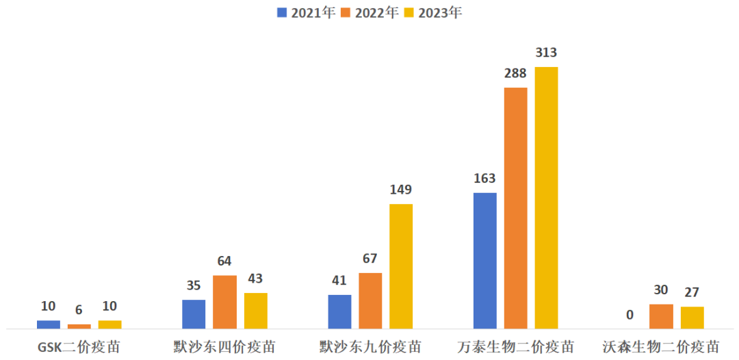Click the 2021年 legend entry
[x=306, y=12]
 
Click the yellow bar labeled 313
[x=546, y=198]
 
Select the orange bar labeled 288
[x=515, y=208]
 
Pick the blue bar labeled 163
[x=484, y=261]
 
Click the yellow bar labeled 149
[x=401, y=266]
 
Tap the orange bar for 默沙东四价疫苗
[x=224, y=302]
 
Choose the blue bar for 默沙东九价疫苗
[x=339, y=312]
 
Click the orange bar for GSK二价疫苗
[x=79, y=326]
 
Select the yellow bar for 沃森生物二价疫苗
[x=692, y=318]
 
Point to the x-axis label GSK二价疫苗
[x=79, y=347]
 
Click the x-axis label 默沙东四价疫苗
[x=224, y=347]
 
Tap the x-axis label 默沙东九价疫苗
[x=370, y=347]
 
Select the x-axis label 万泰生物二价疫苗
[x=515, y=347]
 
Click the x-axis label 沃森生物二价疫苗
[x=661, y=347]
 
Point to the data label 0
[x=630, y=316]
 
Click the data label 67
[x=370, y=259]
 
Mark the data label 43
[x=255, y=279]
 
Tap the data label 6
[x=79, y=310]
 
